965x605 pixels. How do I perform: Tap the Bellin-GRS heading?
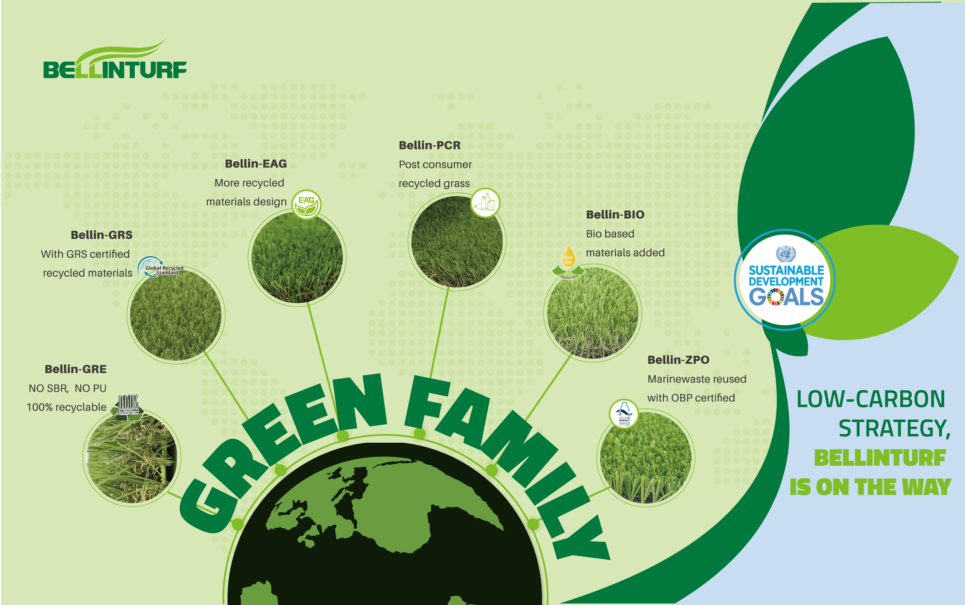[102, 235]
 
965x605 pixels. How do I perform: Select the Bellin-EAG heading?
[256, 164]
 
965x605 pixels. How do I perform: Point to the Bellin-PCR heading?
[430, 145]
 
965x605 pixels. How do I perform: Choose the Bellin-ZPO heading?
[679, 360]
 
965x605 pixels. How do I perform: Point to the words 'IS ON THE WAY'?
[870, 487]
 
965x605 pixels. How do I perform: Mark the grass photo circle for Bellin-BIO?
[593, 313]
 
